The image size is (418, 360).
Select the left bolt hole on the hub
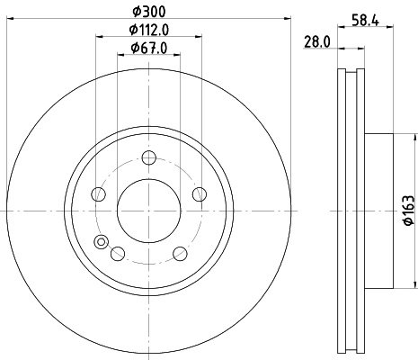click(x=99, y=193)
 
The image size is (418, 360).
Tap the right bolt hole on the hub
click(x=199, y=193)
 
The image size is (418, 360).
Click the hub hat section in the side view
click(x=378, y=211)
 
